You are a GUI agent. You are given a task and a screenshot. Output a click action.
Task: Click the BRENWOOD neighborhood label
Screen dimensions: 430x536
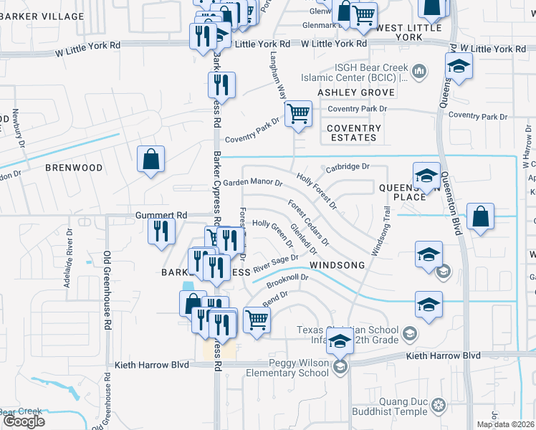click(74, 167)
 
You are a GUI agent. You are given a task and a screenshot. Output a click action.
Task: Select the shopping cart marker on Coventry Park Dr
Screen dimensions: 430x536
click(298, 114)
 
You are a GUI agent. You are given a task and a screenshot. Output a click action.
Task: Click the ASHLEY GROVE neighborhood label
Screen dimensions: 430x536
click(356, 92)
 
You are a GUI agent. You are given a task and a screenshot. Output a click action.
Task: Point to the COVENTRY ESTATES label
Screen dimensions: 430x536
click(353, 133)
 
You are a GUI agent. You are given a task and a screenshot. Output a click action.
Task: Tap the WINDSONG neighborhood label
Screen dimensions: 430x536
click(338, 264)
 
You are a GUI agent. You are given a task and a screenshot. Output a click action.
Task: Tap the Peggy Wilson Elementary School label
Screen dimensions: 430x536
click(295, 368)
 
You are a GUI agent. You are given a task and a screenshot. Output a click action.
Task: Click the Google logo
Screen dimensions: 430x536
click(23, 421)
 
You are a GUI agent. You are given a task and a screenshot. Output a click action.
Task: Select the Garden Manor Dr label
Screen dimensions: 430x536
click(252, 183)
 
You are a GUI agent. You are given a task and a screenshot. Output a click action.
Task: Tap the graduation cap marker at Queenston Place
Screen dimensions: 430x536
click(426, 176)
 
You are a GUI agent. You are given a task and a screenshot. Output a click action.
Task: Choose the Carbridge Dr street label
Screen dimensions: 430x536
click(348, 166)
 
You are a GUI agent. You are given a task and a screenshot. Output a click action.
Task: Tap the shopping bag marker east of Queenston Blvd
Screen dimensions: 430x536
click(480, 216)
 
